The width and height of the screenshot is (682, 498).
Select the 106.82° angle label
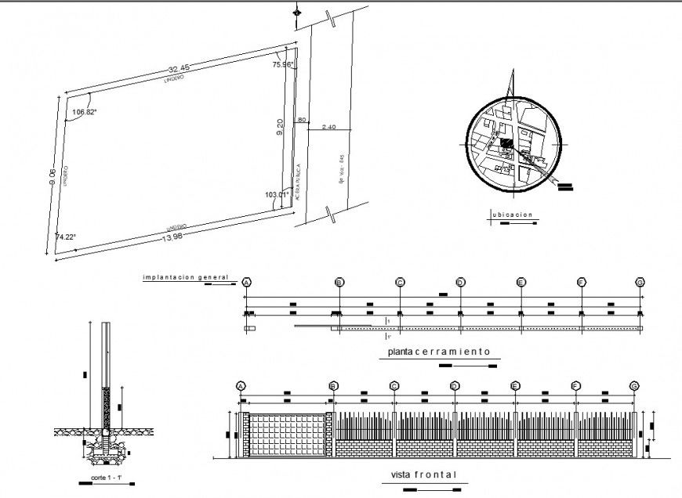(84, 112)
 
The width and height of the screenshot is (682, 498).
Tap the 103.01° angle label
(277, 193)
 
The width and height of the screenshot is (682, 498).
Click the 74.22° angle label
(65, 236)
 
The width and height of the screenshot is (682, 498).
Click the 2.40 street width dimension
(328, 127)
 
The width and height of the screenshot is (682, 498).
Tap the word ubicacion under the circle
(513, 214)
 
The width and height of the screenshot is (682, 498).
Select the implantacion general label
(185, 276)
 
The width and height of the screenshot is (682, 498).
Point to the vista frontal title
(423, 475)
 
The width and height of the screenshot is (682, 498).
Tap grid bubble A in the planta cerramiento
(246, 282)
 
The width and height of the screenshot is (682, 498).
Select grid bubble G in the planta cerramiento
(640, 282)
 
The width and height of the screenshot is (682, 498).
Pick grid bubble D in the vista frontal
(455, 385)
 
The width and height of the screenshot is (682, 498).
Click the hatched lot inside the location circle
(508, 144)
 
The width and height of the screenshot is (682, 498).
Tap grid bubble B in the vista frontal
(334, 385)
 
